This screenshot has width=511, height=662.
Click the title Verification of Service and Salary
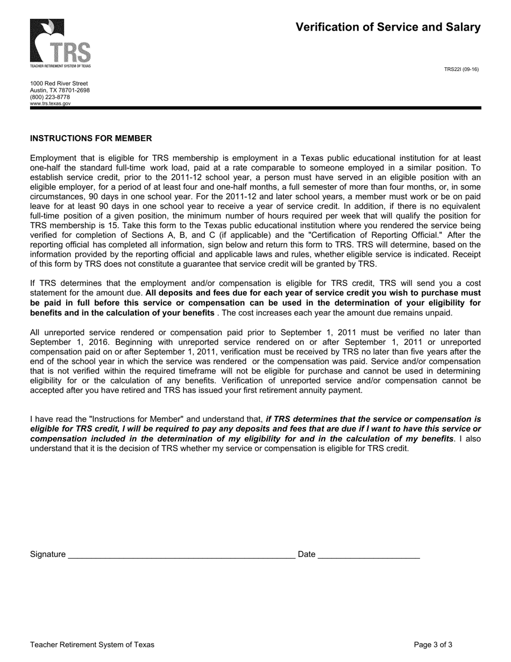(388, 27)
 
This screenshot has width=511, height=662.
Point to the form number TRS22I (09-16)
(461, 69)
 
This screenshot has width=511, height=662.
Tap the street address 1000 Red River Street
(59, 83)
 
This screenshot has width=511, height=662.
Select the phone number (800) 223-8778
(50, 97)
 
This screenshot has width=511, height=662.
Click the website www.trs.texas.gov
(50, 103)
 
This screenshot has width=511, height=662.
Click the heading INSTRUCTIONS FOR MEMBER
(91, 138)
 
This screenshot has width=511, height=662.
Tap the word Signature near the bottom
(48, 554)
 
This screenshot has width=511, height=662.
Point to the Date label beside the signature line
(306, 554)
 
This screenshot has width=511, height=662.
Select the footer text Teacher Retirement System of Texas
(92, 645)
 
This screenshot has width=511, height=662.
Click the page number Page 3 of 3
(433, 645)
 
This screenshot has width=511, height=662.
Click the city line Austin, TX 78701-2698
(60, 90)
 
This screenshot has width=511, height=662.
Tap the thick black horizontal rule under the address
(256, 108)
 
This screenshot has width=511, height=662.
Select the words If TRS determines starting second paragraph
(63, 284)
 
